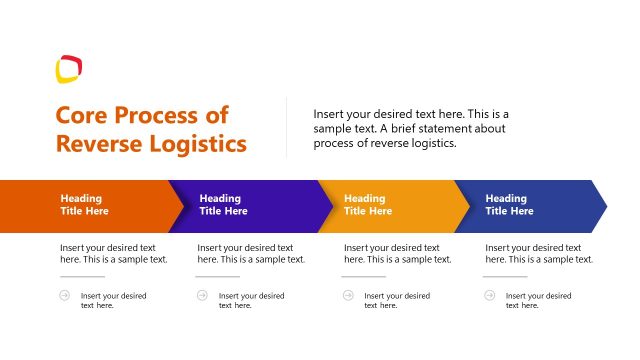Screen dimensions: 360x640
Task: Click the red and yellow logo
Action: pyautogui.click(x=68, y=69)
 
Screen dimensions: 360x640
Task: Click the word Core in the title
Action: pyautogui.click(x=83, y=115)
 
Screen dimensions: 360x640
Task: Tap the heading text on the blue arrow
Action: pyautogui.click(x=509, y=205)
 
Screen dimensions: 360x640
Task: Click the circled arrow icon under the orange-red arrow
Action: pyautogui.click(x=65, y=295)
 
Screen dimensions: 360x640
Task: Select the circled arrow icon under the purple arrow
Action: pyautogui.click(x=202, y=295)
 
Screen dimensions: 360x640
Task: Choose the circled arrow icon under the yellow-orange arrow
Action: pyautogui.click(x=348, y=295)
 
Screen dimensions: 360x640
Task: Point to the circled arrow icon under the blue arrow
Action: pyautogui.click(x=489, y=295)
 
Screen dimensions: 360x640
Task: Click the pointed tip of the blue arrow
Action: pyautogui.click(x=605, y=206)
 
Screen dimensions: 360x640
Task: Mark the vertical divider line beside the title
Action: pyautogui.click(x=287, y=127)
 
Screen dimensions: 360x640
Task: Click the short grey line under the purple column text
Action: pyautogui.click(x=218, y=277)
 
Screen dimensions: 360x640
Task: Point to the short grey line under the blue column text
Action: pyautogui.click(x=505, y=277)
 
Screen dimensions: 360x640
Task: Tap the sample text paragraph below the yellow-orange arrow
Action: pyautogui.click(x=398, y=253)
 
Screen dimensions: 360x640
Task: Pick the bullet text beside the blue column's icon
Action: pyautogui.click(x=538, y=300)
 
